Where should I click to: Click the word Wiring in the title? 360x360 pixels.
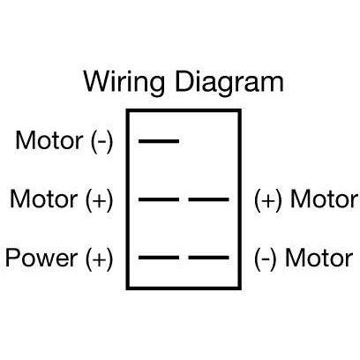pos(124,83)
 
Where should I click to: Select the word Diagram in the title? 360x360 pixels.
pos(229,83)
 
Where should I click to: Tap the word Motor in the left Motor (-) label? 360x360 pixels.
pos(49,140)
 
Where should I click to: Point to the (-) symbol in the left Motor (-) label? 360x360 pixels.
pos(102,142)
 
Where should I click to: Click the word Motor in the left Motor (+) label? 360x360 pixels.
pos(44,199)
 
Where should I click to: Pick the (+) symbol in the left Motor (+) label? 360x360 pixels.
pos(100,200)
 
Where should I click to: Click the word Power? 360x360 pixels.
pos(41,258)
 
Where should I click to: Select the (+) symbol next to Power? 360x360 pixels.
pos(100,259)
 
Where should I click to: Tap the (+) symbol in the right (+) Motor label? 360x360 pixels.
pos(268,200)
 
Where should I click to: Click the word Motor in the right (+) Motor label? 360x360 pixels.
pos(325,199)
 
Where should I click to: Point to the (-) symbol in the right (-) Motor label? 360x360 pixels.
pos(266,259)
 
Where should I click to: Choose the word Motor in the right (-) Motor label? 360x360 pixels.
pos(319,258)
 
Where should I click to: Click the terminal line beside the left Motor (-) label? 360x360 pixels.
pos(159,141)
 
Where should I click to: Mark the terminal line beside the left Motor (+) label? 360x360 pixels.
pos(159,199)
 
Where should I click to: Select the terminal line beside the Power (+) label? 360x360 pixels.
pos(159,258)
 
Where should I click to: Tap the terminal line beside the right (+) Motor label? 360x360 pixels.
pos(209,199)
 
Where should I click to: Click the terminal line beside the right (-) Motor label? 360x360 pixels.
pos(209,258)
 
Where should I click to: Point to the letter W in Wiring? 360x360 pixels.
pos(97,81)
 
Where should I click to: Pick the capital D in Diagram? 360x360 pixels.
pos(184,81)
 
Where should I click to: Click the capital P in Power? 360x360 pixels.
pos(12,258)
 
